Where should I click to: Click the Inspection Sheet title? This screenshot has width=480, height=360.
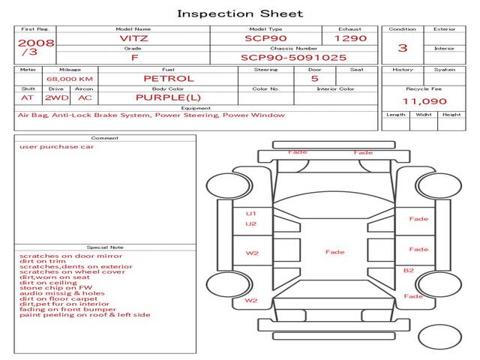[x=240, y=13]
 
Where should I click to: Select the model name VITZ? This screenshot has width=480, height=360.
[x=134, y=37]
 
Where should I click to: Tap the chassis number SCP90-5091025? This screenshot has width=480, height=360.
[x=293, y=57]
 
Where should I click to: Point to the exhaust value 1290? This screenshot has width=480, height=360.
[x=350, y=37]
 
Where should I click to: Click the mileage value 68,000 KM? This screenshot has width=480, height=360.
[x=69, y=79]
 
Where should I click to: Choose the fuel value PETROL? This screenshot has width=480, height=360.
[x=168, y=78]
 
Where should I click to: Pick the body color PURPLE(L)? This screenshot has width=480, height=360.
[x=168, y=97]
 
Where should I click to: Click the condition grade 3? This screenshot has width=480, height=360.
[x=403, y=48]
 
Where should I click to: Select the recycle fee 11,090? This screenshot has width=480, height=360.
[x=424, y=101]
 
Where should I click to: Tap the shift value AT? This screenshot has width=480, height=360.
[x=27, y=97]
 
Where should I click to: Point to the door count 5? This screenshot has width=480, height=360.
[x=314, y=78]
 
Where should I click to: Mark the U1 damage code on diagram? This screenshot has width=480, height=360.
[x=251, y=214]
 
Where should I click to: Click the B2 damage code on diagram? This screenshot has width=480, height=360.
[x=409, y=270]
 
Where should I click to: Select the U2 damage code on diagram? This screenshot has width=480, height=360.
[x=251, y=224]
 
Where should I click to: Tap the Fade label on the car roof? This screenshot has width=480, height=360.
[x=334, y=252]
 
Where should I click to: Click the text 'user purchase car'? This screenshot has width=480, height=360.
[x=57, y=147]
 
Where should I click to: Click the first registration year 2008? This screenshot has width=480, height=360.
[x=36, y=43]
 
